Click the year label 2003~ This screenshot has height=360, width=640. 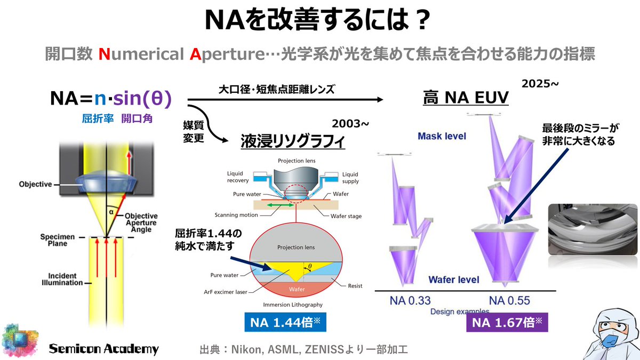[350, 124]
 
